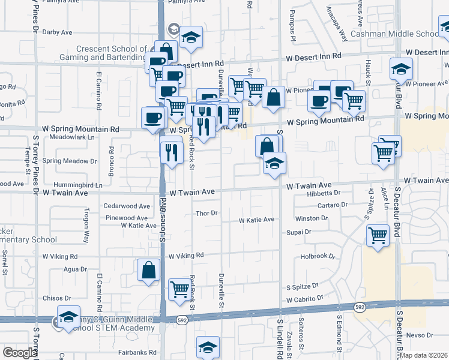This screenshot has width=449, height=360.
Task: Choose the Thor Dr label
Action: [206, 213]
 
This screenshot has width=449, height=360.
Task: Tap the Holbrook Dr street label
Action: [318, 256]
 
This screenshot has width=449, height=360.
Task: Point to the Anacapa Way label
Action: [336, 24]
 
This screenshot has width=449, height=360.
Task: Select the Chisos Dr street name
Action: [57, 298]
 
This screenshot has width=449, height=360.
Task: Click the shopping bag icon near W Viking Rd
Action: [148, 271]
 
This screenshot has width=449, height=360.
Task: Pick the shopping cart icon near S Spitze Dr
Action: [179, 289]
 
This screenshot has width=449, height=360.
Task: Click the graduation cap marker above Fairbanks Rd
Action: [208, 347]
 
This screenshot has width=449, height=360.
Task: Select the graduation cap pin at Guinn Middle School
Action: [69, 317]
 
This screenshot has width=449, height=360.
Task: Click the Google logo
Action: [19, 353]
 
